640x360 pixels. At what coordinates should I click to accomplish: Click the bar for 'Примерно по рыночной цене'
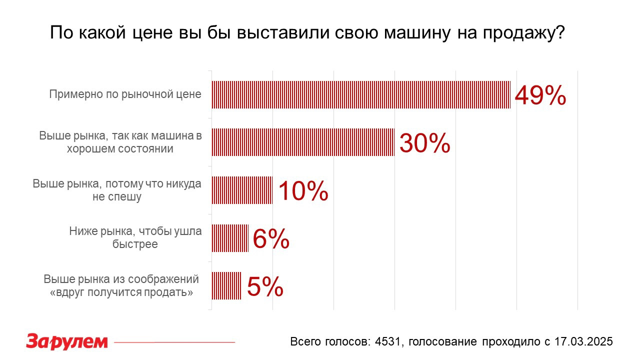pos(361,94)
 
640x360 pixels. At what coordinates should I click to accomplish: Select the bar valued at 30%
pos(303,142)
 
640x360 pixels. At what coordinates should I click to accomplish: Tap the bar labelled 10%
pos(242,190)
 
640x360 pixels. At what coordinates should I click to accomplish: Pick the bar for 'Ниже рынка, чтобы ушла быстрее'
pos(230,238)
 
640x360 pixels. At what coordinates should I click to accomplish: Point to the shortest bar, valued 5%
pos(226,285)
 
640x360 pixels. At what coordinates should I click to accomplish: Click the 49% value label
pos(540,95)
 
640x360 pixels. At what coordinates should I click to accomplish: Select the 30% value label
pos(424,143)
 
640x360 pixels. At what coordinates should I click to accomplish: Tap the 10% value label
pos(302,191)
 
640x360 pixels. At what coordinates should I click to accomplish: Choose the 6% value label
pos(271,239)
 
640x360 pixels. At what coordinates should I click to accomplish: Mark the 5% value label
pos(265,287)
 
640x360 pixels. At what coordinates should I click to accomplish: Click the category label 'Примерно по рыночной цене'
pos(125,94)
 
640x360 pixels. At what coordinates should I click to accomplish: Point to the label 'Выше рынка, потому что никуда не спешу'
pos(117,190)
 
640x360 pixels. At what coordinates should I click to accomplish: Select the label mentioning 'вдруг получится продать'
pos(121,285)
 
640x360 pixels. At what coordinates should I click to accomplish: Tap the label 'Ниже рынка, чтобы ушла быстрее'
pos(135,238)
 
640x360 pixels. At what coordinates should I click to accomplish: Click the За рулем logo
pos(66,341)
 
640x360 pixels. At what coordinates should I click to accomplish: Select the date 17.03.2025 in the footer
pos(583,342)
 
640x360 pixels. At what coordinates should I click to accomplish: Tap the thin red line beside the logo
pos(175,342)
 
